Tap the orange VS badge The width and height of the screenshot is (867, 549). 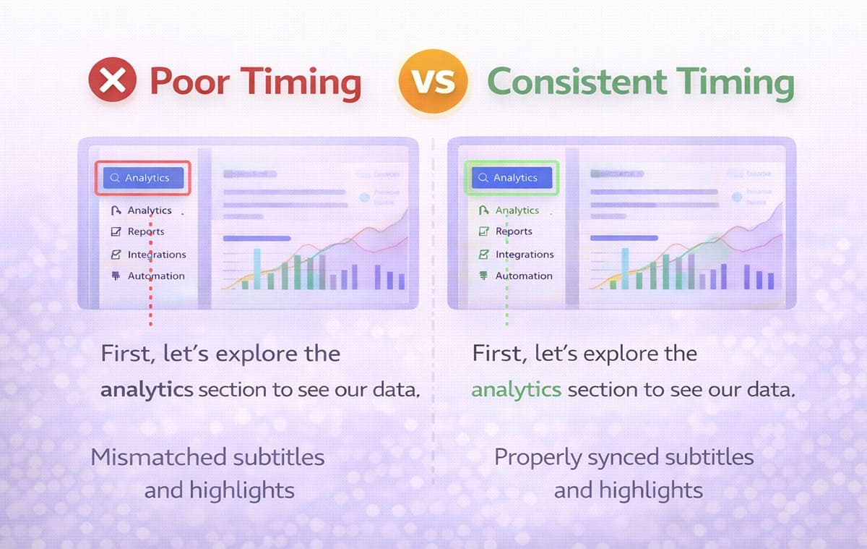tap(433, 80)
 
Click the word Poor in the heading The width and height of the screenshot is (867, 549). tap(187, 82)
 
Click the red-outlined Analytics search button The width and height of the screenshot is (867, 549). tap(143, 178)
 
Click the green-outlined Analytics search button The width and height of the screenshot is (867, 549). tap(512, 178)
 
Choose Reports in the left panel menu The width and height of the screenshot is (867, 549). tap(145, 231)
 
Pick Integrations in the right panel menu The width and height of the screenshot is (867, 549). tap(524, 255)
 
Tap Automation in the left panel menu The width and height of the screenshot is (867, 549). tap(155, 276)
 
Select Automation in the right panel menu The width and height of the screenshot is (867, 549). tap(523, 276)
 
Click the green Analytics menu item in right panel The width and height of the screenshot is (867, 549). tap(517, 210)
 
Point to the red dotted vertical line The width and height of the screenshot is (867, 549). tap(150, 304)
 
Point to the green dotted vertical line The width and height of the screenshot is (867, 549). tap(506, 304)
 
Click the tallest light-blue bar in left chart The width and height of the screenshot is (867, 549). tap(257, 268)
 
